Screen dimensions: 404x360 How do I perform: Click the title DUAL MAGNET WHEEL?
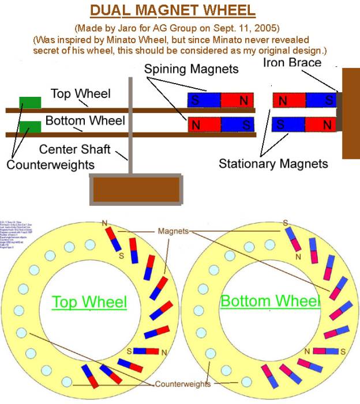pyautogui.click(x=180, y=11)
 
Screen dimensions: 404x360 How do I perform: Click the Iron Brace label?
pyautogui.click(x=292, y=62)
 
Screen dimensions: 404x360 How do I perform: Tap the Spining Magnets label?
pyautogui.click(x=191, y=69)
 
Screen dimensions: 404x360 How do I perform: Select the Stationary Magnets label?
pyautogui.click(x=273, y=164)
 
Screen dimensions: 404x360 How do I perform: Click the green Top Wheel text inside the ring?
pyautogui.click(x=89, y=301)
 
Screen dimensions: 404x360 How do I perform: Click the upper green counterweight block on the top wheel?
pyautogui.click(x=30, y=103)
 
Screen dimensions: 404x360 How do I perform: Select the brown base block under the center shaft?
pyautogui.click(x=137, y=189)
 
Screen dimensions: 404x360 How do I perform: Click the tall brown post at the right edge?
pyautogui.click(x=350, y=113)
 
